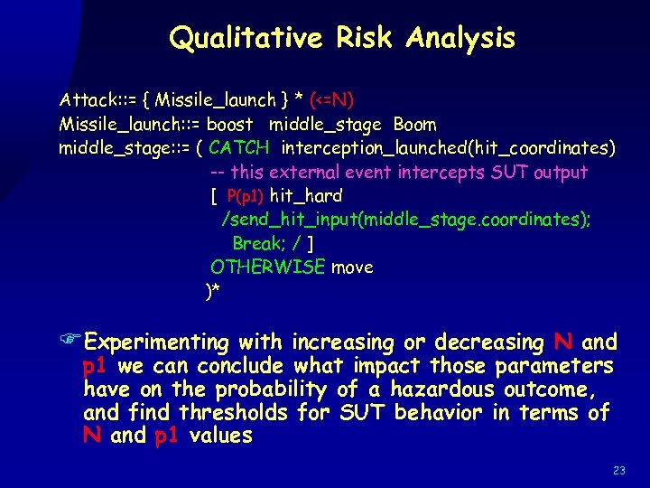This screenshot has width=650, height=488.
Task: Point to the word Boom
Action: point(414,124)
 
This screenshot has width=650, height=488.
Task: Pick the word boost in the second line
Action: point(237,124)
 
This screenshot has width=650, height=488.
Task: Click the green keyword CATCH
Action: point(238,147)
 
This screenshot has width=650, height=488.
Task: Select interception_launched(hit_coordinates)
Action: point(448,147)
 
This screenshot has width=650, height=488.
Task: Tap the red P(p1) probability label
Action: point(245,195)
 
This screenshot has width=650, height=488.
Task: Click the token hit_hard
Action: point(306,195)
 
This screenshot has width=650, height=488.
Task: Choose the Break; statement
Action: point(258,243)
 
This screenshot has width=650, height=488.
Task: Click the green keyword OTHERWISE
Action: point(266,267)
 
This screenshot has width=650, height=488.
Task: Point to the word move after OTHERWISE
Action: point(352,267)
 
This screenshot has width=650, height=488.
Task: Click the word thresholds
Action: point(231,413)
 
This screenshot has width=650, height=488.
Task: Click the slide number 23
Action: point(618,470)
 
